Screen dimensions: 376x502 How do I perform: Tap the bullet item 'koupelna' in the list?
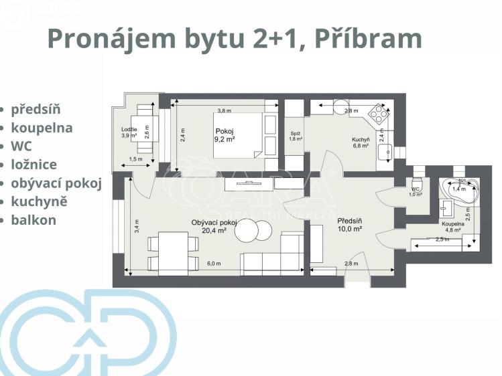pyautogui.click(x=42, y=127)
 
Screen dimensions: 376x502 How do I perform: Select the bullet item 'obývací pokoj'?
pyautogui.click(x=56, y=183)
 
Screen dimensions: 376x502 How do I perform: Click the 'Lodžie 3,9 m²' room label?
pyautogui.click(x=129, y=132)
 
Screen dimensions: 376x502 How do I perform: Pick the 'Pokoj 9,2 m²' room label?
pyautogui.click(x=224, y=135)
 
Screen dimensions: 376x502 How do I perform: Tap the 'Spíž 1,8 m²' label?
pyautogui.click(x=295, y=136)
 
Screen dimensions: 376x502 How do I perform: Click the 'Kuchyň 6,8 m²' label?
pyautogui.click(x=361, y=143)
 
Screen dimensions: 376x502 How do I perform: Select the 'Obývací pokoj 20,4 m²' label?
pyautogui.click(x=214, y=226)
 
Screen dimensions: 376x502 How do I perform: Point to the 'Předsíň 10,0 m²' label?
pyautogui.click(x=349, y=224)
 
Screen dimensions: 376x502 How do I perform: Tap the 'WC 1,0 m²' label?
pyautogui.click(x=416, y=192)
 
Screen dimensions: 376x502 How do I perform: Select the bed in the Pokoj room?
pyautogui.click(x=238, y=134)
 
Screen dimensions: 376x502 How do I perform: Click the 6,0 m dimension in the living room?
pyautogui.click(x=214, y=264)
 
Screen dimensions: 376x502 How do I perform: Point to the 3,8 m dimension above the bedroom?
pyautogui.click(x=224, y=111)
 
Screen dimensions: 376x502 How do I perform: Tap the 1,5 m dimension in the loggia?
pyautogui.click(x=136, y=159)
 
